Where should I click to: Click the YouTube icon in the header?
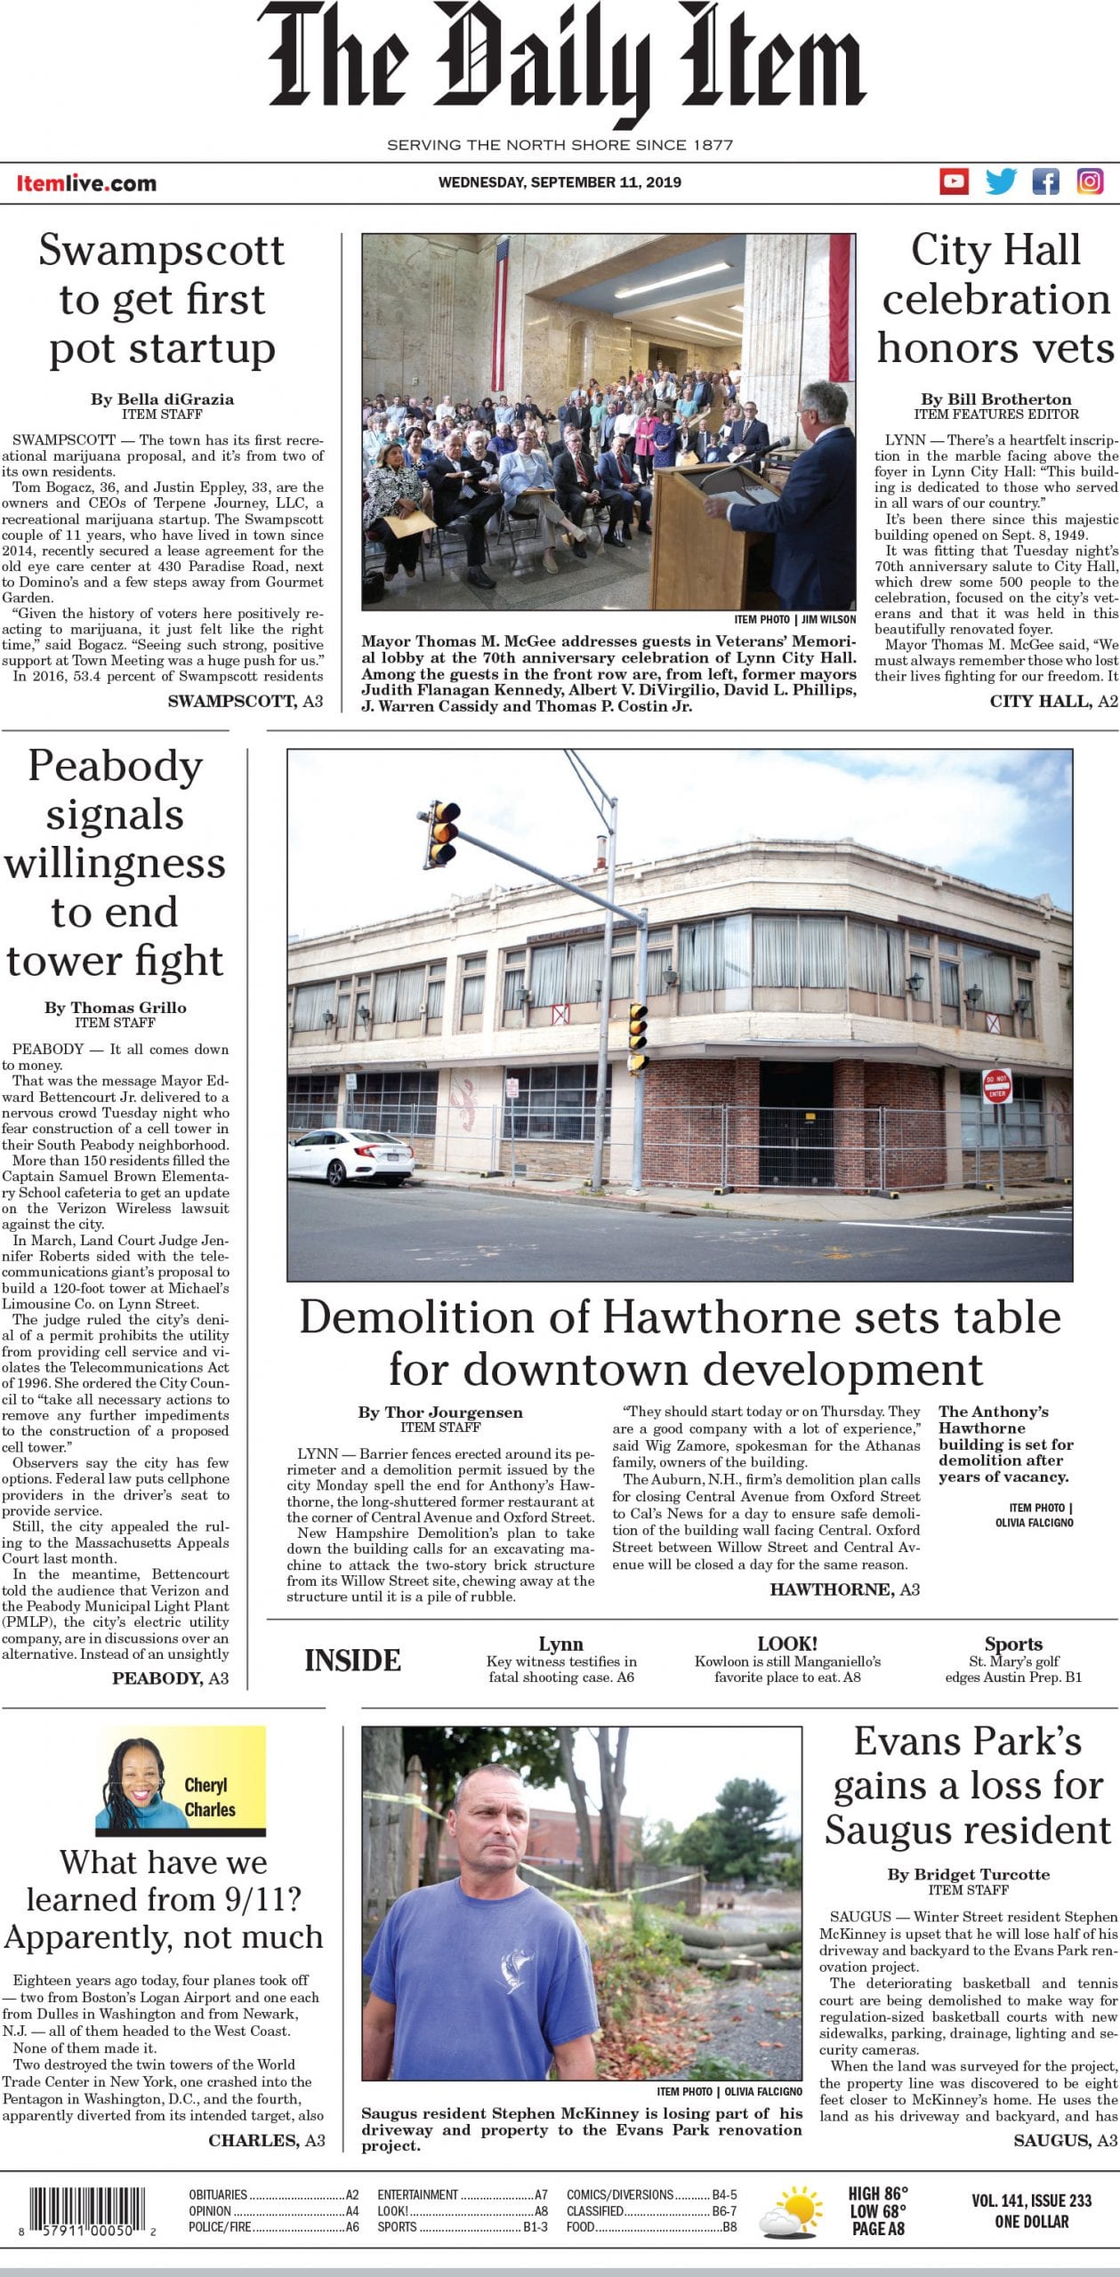(x=954, y=181)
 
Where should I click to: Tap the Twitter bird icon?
(x=1000, y=181)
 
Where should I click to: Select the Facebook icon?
(x=1045, y=181)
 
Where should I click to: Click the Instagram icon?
(x=1090, y=181)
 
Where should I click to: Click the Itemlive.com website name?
(x=86, y=184)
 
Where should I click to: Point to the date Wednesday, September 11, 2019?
(x=560, y=182)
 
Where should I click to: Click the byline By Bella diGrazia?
(x=162, y=399)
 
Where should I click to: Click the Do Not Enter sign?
(x=996, y=1087)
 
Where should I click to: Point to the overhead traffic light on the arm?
(x=443, y=832)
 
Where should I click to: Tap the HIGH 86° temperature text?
(x=877, y=2195)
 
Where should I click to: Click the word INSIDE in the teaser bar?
(x=352, y=1661)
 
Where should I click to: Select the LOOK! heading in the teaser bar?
(x=787, y=1644)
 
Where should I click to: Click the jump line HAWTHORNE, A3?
(x=844, y=1589)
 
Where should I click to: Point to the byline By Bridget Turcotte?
(x=968, y=1874)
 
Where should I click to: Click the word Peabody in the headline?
(x=115, y=766)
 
